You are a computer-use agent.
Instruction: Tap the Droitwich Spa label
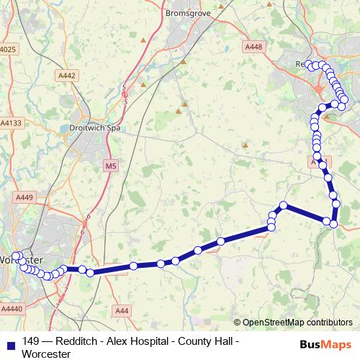point(94,128)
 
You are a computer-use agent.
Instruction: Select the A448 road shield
point(253,47)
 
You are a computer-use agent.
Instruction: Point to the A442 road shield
point(67,75)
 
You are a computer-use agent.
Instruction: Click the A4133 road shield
point(11,124)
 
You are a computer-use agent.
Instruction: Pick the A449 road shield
point(24,197)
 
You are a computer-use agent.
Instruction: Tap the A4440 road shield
point(12,308)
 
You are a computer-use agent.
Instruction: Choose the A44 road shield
point(122,310)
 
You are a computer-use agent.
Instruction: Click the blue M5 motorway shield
point(110,166)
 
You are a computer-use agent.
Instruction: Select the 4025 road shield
point(8,49)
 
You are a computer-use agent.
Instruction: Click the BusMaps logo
point(325,344)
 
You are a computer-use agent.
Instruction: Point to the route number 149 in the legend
point(31,341)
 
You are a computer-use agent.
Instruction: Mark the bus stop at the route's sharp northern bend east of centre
point(284,205)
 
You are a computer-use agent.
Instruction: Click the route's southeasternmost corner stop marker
point(333,224)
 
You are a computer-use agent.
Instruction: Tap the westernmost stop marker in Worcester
point(15,256)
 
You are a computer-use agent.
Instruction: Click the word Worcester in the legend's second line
point(46,354)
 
